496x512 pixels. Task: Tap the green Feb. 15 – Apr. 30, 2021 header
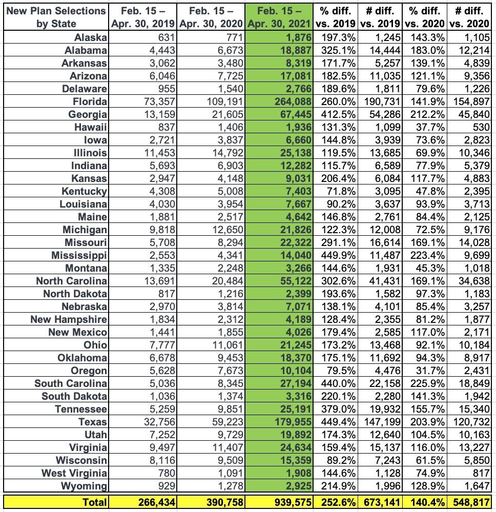coord(279,17)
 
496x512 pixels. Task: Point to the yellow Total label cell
coord(95,502)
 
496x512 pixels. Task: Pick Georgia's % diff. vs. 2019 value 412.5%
coord(337,114)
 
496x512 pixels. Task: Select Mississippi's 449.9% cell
coord(337,255)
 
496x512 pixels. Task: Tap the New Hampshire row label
coord(69,319)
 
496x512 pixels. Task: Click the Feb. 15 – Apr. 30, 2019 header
coord(143,17)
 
